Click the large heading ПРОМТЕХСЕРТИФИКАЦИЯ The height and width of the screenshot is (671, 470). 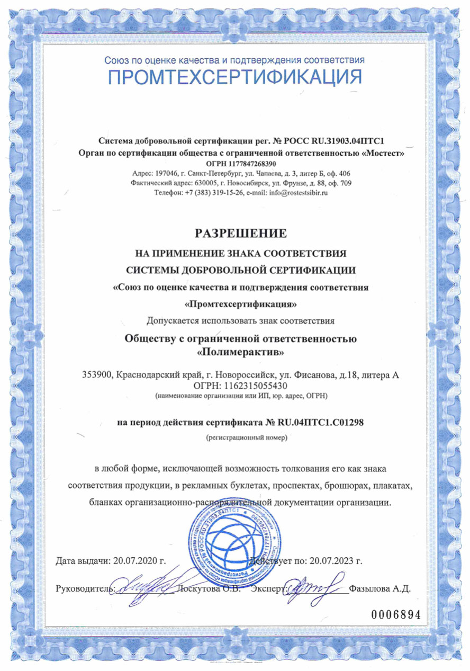(235, 77)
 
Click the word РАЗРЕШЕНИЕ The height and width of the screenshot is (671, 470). (235, 232)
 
